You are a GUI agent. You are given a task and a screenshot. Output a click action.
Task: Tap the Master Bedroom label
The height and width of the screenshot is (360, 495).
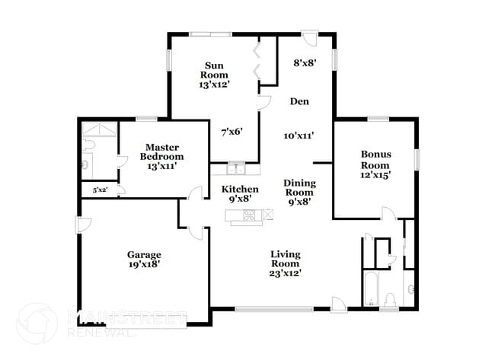[161, 151]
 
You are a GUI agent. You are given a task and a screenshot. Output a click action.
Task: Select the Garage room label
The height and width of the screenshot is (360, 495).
[144, 254]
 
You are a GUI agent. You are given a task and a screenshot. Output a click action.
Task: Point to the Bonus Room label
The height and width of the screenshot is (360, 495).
[375, 159]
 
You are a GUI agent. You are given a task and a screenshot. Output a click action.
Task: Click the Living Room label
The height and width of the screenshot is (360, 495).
[286, 259]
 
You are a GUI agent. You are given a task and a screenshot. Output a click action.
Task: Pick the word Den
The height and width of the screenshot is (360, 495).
[299, 100]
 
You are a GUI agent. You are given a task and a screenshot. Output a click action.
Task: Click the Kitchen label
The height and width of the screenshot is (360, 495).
[240, 189]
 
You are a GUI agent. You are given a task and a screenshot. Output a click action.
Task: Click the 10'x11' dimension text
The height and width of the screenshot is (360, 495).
[299, 135]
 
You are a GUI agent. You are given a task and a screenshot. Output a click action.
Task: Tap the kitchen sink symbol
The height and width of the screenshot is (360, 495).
[235, 169]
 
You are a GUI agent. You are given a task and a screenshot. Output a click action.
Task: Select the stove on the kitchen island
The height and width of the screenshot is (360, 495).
[249, 216]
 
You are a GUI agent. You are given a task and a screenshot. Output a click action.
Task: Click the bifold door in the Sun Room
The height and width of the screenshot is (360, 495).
[259, 61]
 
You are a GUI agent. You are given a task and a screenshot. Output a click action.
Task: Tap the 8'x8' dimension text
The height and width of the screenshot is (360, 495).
[305, 64]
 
